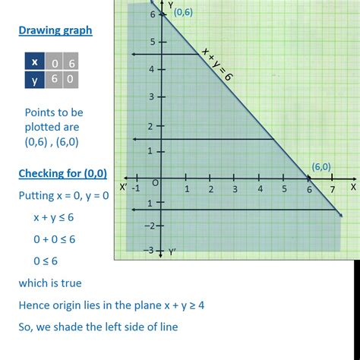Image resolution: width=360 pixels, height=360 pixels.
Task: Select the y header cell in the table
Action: click(x=34, y=78)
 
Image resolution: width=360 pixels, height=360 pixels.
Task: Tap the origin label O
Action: click(x=156, y=182)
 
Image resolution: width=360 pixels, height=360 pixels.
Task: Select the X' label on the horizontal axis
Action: click(x=123, y=185)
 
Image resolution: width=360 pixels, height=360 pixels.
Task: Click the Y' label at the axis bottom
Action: click(x=172, y=251)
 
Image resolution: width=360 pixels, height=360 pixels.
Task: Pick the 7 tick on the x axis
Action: click(x=333, y=188)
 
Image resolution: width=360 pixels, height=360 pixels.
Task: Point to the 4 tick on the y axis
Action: click(x=152, y=70)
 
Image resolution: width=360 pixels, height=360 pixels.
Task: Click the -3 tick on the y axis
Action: click(x=150, y=250)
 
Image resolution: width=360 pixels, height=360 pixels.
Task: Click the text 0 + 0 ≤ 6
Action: click(x=53, y=238)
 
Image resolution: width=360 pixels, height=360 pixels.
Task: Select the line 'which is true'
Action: click(x=49, y=283)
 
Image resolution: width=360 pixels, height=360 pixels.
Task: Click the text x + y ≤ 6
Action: click(x=53, y=217)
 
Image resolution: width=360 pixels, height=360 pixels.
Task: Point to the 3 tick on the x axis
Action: click(x=234, y=188)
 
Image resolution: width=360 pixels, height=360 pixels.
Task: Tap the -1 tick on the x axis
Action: click(x=135, y=188)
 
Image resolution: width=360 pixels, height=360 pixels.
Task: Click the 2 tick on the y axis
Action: click(x=152, y=125)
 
